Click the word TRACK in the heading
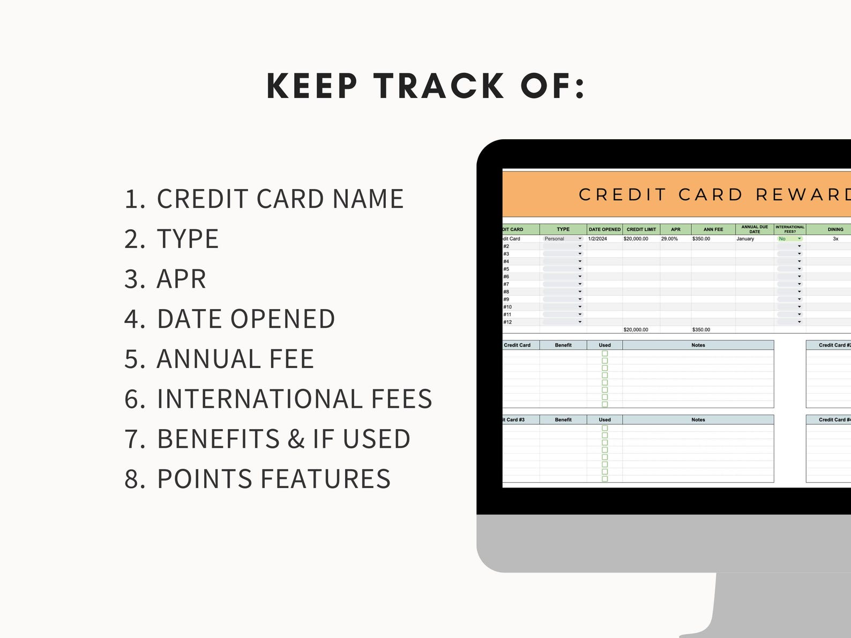(439, 86)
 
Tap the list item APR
(181, 279)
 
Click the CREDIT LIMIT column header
(641, 229)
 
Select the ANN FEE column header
(713, 229)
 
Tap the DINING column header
(835, 229)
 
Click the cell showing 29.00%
(669, 239)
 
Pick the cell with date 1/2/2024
(598, 239)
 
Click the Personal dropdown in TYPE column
(562, 239)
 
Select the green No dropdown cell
(789, 239)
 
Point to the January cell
(745, 239)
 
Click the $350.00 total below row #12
(701, 330)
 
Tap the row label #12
(507, 322)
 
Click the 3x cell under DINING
(835, 239)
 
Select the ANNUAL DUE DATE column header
(755, 229)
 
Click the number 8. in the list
(135, 479)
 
